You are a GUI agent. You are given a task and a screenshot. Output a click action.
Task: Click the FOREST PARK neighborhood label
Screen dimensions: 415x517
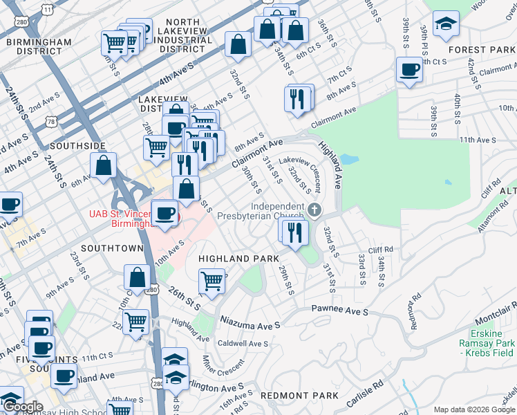point(482,50)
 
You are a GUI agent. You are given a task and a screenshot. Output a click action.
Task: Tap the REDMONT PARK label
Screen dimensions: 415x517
point(299,396)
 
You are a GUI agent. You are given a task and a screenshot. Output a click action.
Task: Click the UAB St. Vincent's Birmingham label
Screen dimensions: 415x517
point(120,218)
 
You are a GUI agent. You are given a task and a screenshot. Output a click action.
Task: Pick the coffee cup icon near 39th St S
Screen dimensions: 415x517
point(409,69)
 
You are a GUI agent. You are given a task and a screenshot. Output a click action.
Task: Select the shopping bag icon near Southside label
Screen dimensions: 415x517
point(104,166)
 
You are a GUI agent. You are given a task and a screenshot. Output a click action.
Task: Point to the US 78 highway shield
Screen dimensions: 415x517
point(53,122)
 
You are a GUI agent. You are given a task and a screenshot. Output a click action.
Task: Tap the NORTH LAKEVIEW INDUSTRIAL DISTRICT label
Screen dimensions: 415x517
point(173,35)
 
